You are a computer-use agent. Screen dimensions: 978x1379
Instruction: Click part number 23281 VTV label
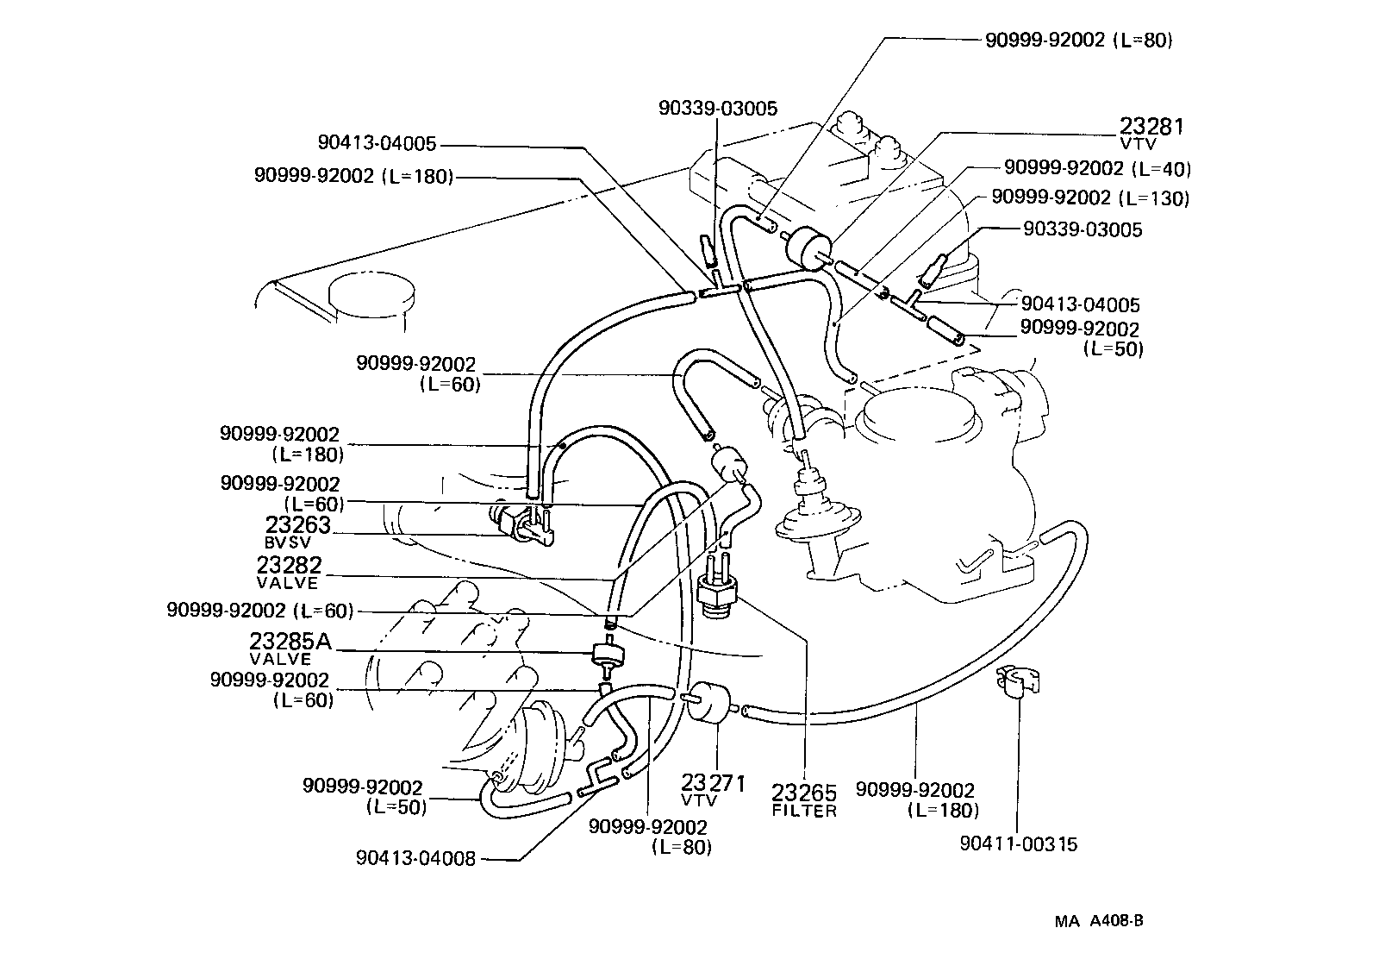1151,132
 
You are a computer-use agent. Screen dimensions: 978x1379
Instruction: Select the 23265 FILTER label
803,800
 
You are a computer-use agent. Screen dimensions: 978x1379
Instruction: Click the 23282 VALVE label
289,572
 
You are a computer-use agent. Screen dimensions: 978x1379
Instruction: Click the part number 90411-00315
1018,844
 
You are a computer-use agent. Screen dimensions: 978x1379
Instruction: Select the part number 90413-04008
415,859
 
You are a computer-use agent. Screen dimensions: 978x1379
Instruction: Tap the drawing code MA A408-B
1099,920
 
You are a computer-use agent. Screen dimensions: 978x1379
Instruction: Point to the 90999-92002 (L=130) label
1090,198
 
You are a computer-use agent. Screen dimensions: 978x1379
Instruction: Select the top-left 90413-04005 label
377,144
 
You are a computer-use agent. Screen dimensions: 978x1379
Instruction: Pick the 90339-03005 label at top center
717,109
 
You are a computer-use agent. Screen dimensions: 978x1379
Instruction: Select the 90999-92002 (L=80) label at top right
1078,40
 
